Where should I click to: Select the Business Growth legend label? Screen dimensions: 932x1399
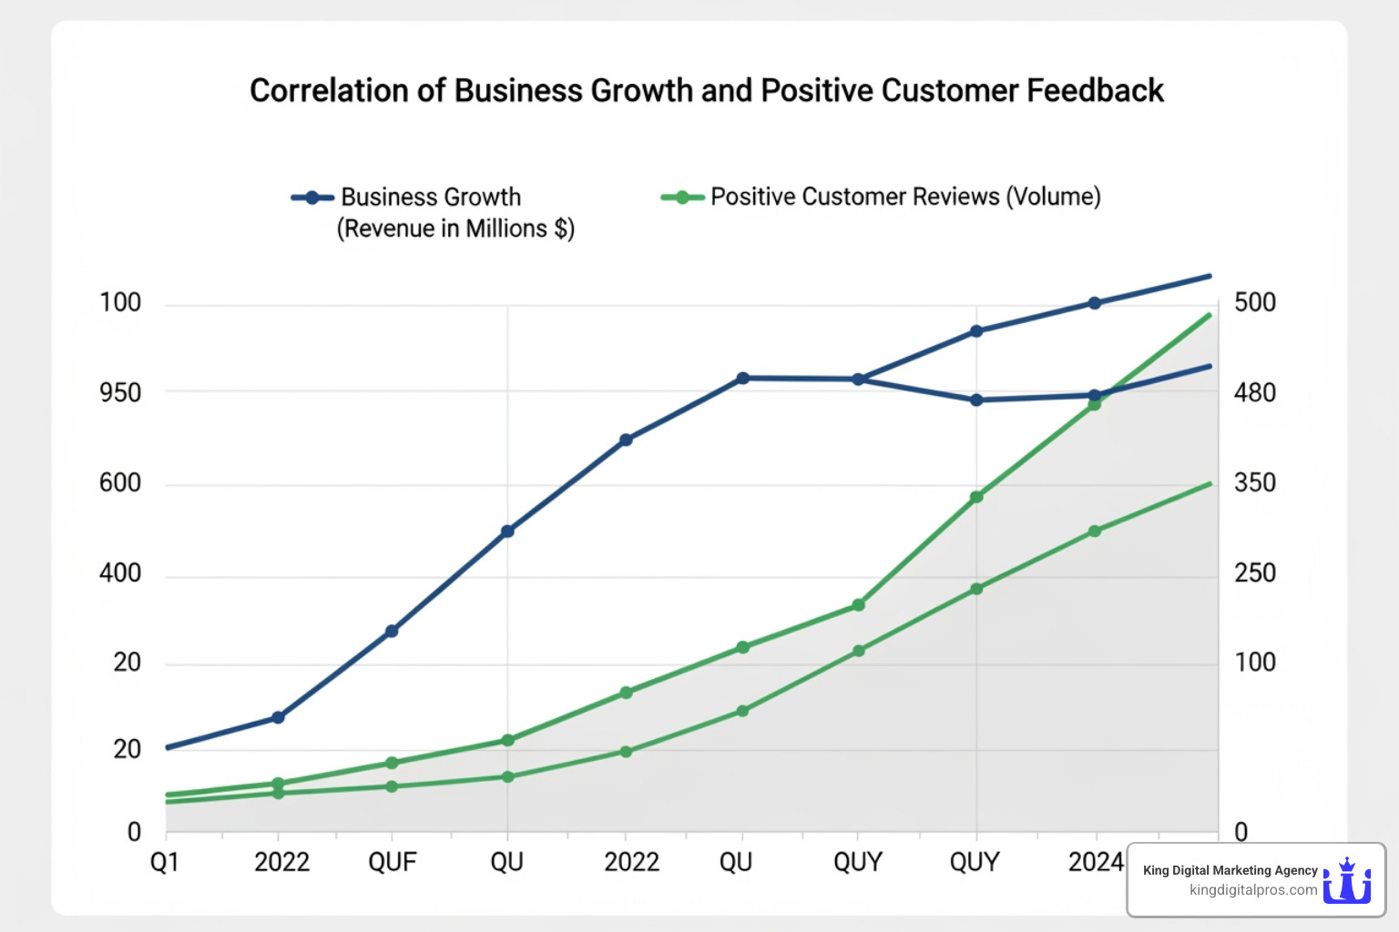point(430,198)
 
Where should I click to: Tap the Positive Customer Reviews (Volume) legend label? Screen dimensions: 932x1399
point(905,197)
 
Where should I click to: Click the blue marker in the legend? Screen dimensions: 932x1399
point(312,198)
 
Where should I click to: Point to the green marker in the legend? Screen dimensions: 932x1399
point(682,198)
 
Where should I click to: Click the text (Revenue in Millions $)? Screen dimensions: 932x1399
point(455,228)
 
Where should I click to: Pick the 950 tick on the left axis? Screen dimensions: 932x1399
point(120,393)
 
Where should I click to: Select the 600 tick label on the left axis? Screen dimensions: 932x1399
point(120,482)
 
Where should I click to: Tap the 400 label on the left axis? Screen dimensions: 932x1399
point(120,573)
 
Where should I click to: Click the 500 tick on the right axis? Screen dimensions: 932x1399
point(1254,303)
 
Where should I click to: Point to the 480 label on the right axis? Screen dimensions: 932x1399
point(1254,393)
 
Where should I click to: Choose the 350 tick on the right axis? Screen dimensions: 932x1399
point(1254,482)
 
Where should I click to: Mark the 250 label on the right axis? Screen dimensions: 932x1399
point(1254,573)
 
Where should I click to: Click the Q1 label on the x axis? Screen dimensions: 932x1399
point(165,862)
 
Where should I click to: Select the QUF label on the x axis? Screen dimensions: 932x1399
point(392,862)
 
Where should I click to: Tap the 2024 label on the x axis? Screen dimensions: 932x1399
point(1096,862)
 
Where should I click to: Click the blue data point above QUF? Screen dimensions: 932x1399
point(392,631)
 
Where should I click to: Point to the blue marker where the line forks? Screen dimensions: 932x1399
point(858,379)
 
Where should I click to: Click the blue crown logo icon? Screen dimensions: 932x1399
point(1347,880)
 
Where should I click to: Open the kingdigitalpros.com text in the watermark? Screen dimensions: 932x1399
point(1253,890)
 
